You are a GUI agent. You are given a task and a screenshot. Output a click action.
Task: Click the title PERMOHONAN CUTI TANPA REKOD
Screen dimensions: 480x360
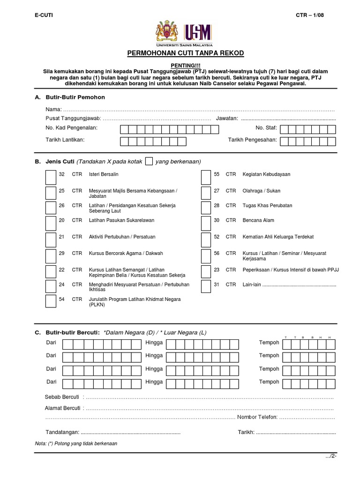click(x=186, y=53)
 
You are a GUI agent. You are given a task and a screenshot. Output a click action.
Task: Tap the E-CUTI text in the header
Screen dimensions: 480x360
click(x=44, y=15)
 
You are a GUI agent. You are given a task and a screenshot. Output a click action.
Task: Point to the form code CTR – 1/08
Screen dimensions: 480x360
click(x=310, y=15)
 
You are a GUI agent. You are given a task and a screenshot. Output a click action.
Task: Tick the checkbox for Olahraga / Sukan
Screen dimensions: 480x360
click(x=205, y=193)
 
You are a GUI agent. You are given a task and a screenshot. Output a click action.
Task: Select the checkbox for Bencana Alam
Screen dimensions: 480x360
click(x=205, y=224)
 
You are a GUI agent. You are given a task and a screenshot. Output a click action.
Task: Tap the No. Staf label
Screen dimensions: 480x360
click(x=266, y=127)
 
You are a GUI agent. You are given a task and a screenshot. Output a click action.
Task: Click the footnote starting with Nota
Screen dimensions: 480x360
click(x=76, y=443)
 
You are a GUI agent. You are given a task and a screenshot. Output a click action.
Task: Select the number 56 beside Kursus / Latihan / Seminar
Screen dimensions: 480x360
click(x=217, y=253)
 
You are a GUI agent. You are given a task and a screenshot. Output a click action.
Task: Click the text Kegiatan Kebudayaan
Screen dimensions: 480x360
click(x=266, y=174)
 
